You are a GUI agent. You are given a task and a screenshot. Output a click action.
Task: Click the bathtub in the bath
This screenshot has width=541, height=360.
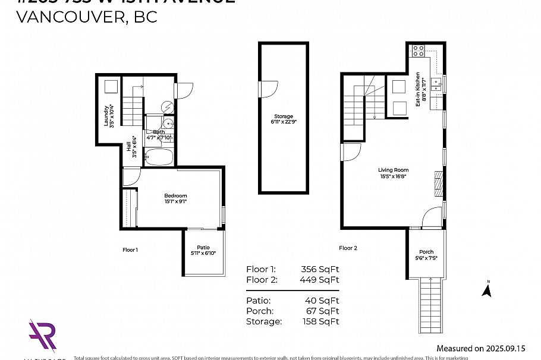point(158,158)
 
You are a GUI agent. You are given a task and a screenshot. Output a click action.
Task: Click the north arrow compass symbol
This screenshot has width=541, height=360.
point(486,290)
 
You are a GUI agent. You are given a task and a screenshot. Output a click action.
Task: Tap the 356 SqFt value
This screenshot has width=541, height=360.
point(320,269)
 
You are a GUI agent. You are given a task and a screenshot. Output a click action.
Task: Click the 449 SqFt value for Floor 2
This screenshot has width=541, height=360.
point(320,280)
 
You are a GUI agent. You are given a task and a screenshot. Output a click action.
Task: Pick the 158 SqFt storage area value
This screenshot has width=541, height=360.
point(320,321)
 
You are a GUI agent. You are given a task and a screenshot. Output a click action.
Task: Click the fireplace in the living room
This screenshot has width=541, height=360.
point(438,184)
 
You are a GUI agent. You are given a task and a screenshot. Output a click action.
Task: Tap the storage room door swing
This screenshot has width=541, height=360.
point(269,90)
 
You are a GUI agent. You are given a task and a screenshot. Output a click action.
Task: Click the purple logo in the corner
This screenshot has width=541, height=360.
point(43,336)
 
